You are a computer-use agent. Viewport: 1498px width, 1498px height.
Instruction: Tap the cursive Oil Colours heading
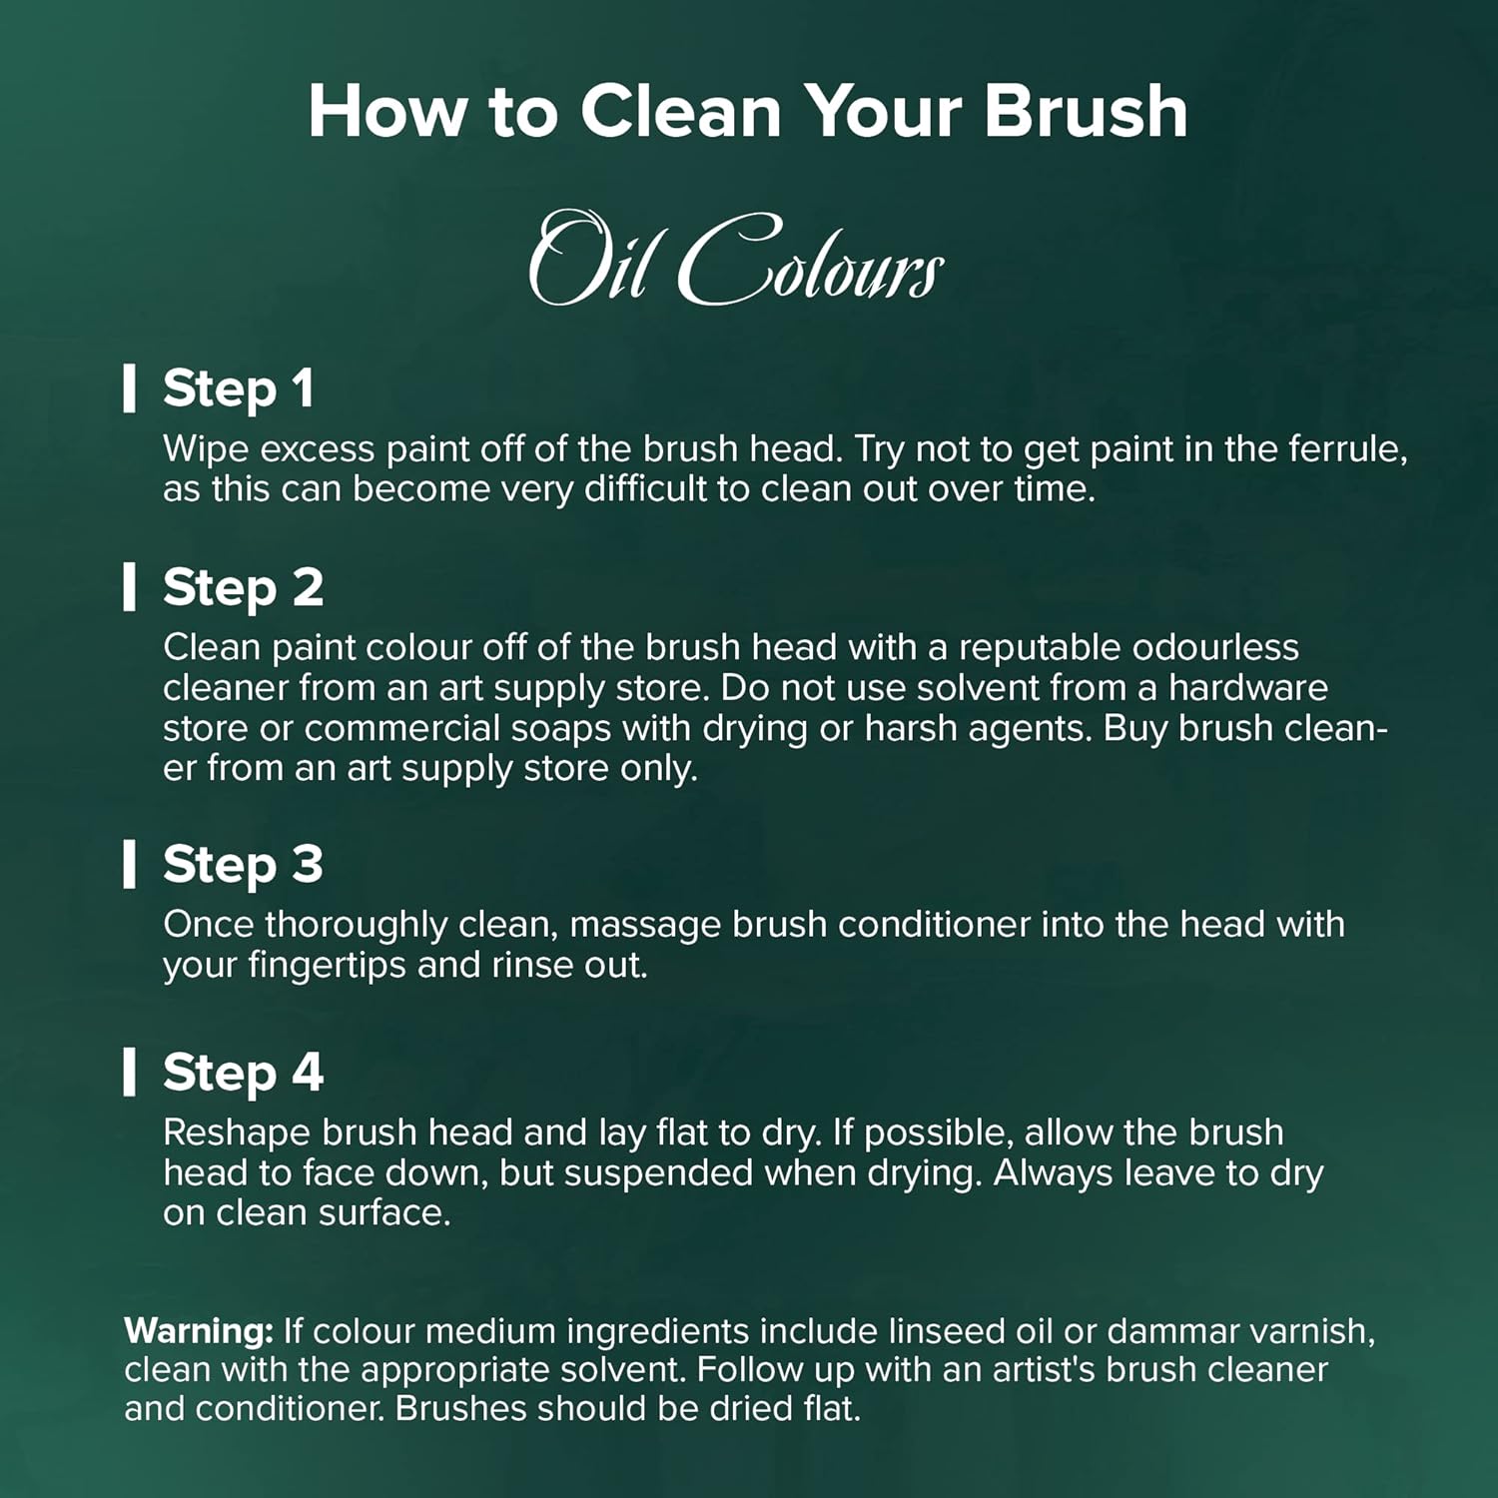point(736,259)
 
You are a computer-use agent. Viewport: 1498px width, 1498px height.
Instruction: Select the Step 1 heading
point(239,388)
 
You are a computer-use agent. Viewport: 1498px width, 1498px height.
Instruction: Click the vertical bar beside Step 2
point(129,586)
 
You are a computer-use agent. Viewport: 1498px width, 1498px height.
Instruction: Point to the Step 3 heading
point(243,865)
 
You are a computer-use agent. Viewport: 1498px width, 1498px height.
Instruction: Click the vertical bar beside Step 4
point(129,1073)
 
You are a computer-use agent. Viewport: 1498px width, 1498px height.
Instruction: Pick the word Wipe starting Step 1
point(207,450)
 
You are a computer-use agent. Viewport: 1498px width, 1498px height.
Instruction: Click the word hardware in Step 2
point(1248,687)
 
